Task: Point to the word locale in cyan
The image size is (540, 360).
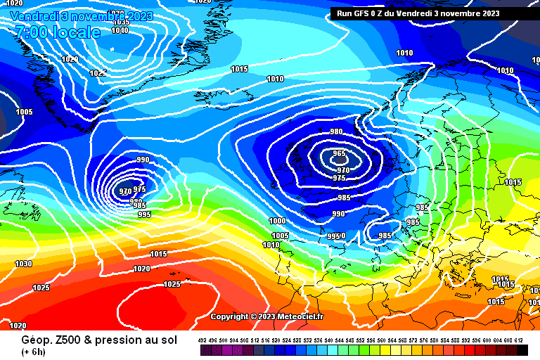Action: pos(73,32)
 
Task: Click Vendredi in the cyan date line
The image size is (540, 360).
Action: pos(34,15)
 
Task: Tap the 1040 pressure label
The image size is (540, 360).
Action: pos(120,30)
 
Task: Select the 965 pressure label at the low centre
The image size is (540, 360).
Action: pos(339,154)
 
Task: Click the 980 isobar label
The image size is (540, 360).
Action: pos(337,132)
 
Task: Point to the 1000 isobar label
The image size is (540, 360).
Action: pos(278,221)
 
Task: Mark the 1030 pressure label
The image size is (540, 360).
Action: pos(23,264)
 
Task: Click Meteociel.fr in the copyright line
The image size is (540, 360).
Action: pos(300,316)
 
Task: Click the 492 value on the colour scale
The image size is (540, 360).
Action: pos(202,340)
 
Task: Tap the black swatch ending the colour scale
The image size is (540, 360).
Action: pos(522,350)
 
